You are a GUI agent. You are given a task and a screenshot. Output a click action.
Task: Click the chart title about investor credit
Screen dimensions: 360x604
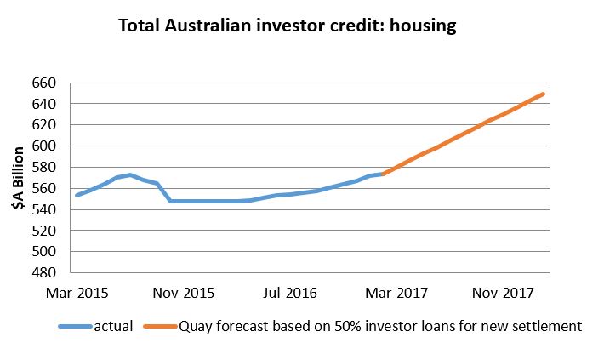click(x=288, y=26)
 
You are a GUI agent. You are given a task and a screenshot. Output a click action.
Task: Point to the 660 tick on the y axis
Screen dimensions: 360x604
click(x=43, y=83)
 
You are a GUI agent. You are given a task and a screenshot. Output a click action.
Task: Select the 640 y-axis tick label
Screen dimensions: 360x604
click(x=43, y=105)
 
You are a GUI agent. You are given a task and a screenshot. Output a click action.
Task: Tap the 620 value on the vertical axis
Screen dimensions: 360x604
click(x=43, y=125)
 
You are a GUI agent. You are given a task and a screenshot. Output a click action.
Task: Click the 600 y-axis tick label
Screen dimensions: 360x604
click(x=43, y=146)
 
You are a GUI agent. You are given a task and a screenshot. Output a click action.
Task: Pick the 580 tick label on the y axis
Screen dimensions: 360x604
click(x=43, y=168)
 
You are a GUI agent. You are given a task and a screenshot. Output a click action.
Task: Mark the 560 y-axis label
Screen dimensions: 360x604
click(x=43, y=189)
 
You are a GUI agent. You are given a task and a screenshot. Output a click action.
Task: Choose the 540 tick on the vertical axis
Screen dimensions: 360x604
click(x=43, y=209)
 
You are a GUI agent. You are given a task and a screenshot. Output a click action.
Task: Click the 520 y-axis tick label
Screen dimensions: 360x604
click(x=43, y=231)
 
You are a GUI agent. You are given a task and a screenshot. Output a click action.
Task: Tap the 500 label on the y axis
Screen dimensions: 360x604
click(x=43, y=252)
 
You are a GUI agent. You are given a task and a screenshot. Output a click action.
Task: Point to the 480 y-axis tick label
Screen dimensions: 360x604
click(x=43, y=272)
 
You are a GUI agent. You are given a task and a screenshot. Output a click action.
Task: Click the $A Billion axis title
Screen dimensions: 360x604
click(x=17, y=178)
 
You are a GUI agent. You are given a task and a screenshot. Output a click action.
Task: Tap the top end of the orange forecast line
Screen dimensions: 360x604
click(x=543, y=94)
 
